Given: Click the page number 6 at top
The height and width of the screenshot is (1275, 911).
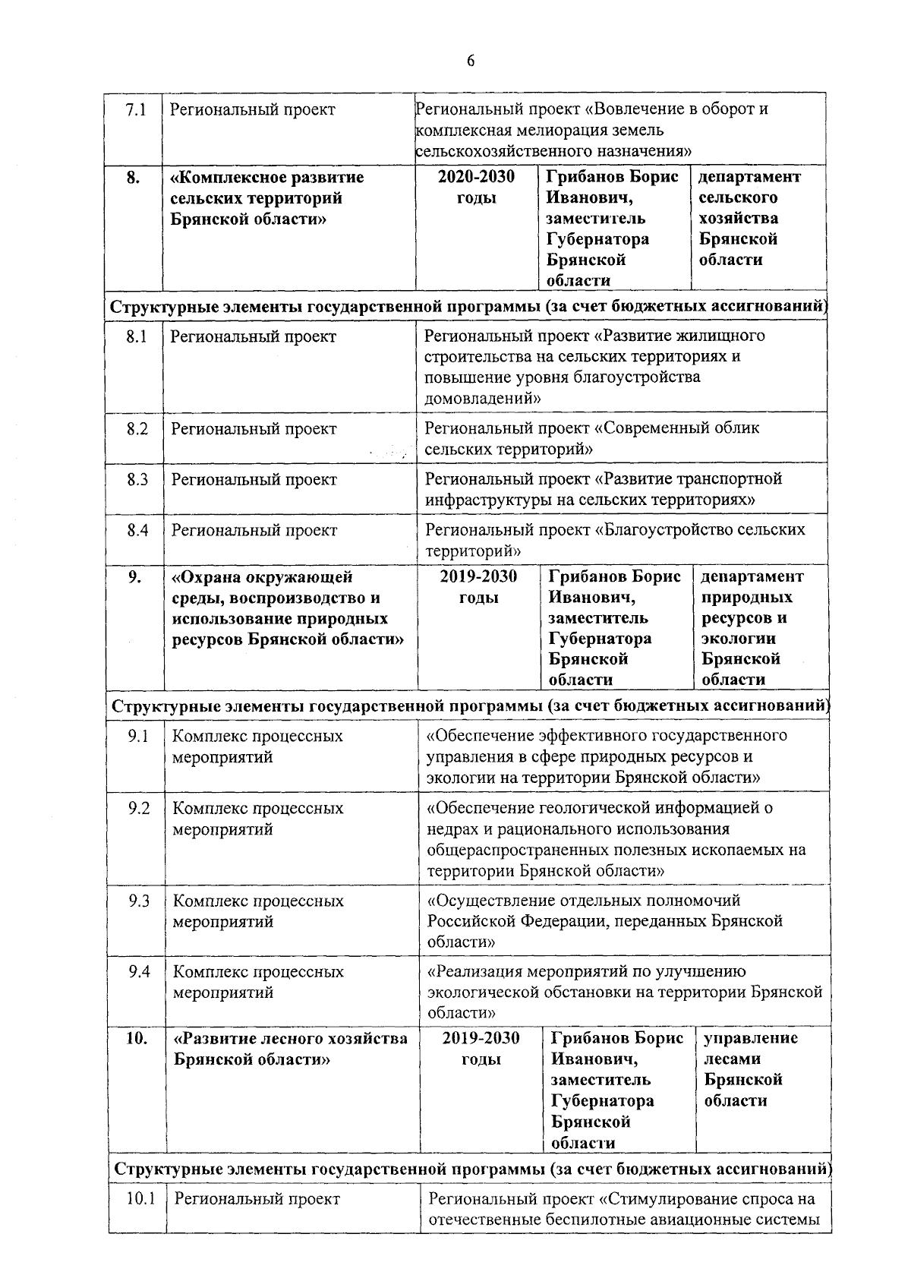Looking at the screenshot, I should [471, 61].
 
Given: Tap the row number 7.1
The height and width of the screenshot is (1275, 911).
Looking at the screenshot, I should [135, 110].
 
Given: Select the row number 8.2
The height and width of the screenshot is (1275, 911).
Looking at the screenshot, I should [137, 429].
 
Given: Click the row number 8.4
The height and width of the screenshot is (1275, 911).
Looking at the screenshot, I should [137, 531].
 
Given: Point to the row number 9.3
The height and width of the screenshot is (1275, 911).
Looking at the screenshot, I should [139, 901].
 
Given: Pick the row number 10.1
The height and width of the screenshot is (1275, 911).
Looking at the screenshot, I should [141, 1199].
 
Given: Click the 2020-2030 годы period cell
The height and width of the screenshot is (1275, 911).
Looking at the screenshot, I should [477, 188].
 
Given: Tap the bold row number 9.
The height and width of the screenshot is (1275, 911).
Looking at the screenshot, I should [134, 576].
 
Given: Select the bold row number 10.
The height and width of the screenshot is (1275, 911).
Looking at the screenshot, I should [137, 1039].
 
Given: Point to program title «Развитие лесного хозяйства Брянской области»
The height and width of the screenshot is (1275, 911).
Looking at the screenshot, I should [290, 1049].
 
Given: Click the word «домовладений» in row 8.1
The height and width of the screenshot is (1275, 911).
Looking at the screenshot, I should [483, 398].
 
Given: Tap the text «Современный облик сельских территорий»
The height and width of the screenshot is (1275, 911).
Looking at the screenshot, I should [591, 439].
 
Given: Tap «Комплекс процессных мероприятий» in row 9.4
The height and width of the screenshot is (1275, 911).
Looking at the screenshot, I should [258, 982].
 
